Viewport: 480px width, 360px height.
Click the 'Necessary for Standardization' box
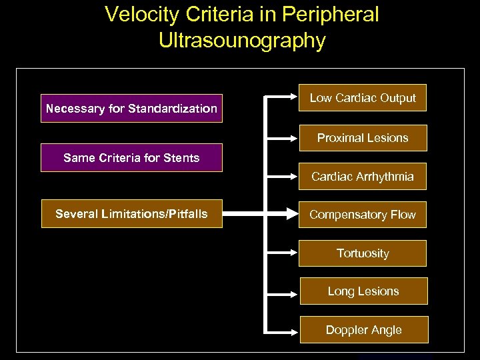(131, 108)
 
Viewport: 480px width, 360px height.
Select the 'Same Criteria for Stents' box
(131, 158)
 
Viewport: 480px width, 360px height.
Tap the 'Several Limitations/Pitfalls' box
(131, 214)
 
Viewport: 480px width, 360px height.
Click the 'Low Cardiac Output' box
(363, 98)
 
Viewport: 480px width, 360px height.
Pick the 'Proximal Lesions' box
(363, 138)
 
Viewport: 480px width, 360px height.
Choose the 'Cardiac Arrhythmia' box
(363, 177)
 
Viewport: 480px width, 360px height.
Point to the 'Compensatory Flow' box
(363, 215)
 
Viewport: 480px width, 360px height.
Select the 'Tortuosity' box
(363, 253)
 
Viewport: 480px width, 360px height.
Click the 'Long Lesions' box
(363, 291)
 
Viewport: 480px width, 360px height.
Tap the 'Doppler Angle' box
(363, 330)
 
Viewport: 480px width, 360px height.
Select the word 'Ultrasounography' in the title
(242, 41)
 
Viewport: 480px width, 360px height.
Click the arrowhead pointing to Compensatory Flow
(292, 215)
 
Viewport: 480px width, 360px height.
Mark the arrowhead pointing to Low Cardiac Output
(292, 98)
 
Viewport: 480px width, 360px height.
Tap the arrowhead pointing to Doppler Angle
(292, 330)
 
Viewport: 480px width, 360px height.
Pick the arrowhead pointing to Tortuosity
(292, 253)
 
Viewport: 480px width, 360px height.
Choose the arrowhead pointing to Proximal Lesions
(292, 138)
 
